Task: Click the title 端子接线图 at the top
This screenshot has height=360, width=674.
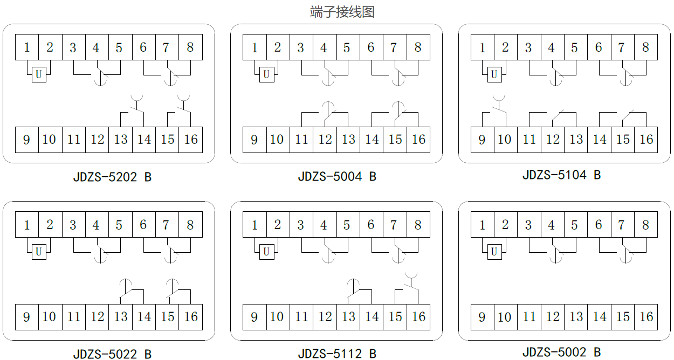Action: pos(342,12)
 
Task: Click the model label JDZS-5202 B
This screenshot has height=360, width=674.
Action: pos(112,177)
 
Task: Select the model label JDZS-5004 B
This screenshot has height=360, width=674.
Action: pos(337,176)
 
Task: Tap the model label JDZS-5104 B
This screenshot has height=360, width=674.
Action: pos(561,175)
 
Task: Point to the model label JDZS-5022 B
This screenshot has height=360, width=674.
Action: pos(112,354)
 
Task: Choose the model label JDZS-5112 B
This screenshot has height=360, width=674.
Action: pos(337,354)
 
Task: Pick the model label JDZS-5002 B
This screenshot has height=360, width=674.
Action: pos(561,352)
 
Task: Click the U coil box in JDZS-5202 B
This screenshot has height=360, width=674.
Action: pos(38,75)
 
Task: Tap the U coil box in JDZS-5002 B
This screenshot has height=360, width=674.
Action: pos(494,252)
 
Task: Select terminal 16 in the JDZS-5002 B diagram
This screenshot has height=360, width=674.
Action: pos(646,317)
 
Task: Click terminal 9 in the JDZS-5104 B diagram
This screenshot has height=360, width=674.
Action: pos(482,140)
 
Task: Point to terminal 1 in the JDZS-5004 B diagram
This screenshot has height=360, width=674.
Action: pos(255,47)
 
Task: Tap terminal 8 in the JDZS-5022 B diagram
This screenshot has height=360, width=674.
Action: pos(190,224)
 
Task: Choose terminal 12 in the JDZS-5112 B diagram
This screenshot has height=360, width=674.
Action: pos(325,317)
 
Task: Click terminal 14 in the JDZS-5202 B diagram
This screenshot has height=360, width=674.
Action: pos(144,140)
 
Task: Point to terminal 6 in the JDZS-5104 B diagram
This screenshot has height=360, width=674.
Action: pos(599,47)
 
